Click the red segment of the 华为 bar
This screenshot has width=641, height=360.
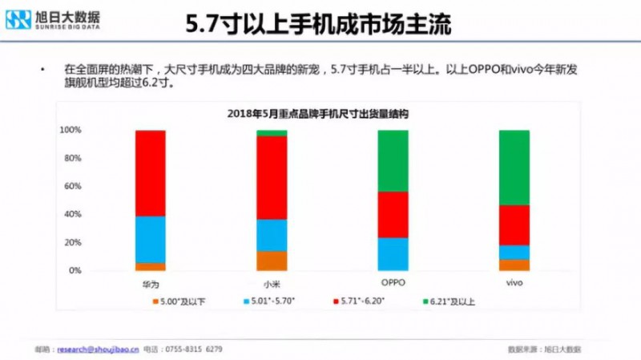click(151, 173)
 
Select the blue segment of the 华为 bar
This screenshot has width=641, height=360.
click(151, 240)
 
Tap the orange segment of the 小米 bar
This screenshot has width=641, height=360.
click(271, 261)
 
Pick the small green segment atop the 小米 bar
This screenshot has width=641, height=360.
click(271, 133)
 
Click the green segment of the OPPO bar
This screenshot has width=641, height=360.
click(393, 160)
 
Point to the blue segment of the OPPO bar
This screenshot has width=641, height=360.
click(393, 254)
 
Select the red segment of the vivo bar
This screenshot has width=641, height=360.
click(514, 225)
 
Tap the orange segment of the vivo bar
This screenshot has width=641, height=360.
click(514, 265)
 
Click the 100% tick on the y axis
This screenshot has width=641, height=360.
click(71, 130)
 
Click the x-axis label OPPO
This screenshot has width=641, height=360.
click(393, 284)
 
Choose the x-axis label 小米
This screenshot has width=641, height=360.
click(271, 284)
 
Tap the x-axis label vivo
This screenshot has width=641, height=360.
click(514, 284)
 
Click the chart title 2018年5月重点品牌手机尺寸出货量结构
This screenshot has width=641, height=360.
click(316, 115)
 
